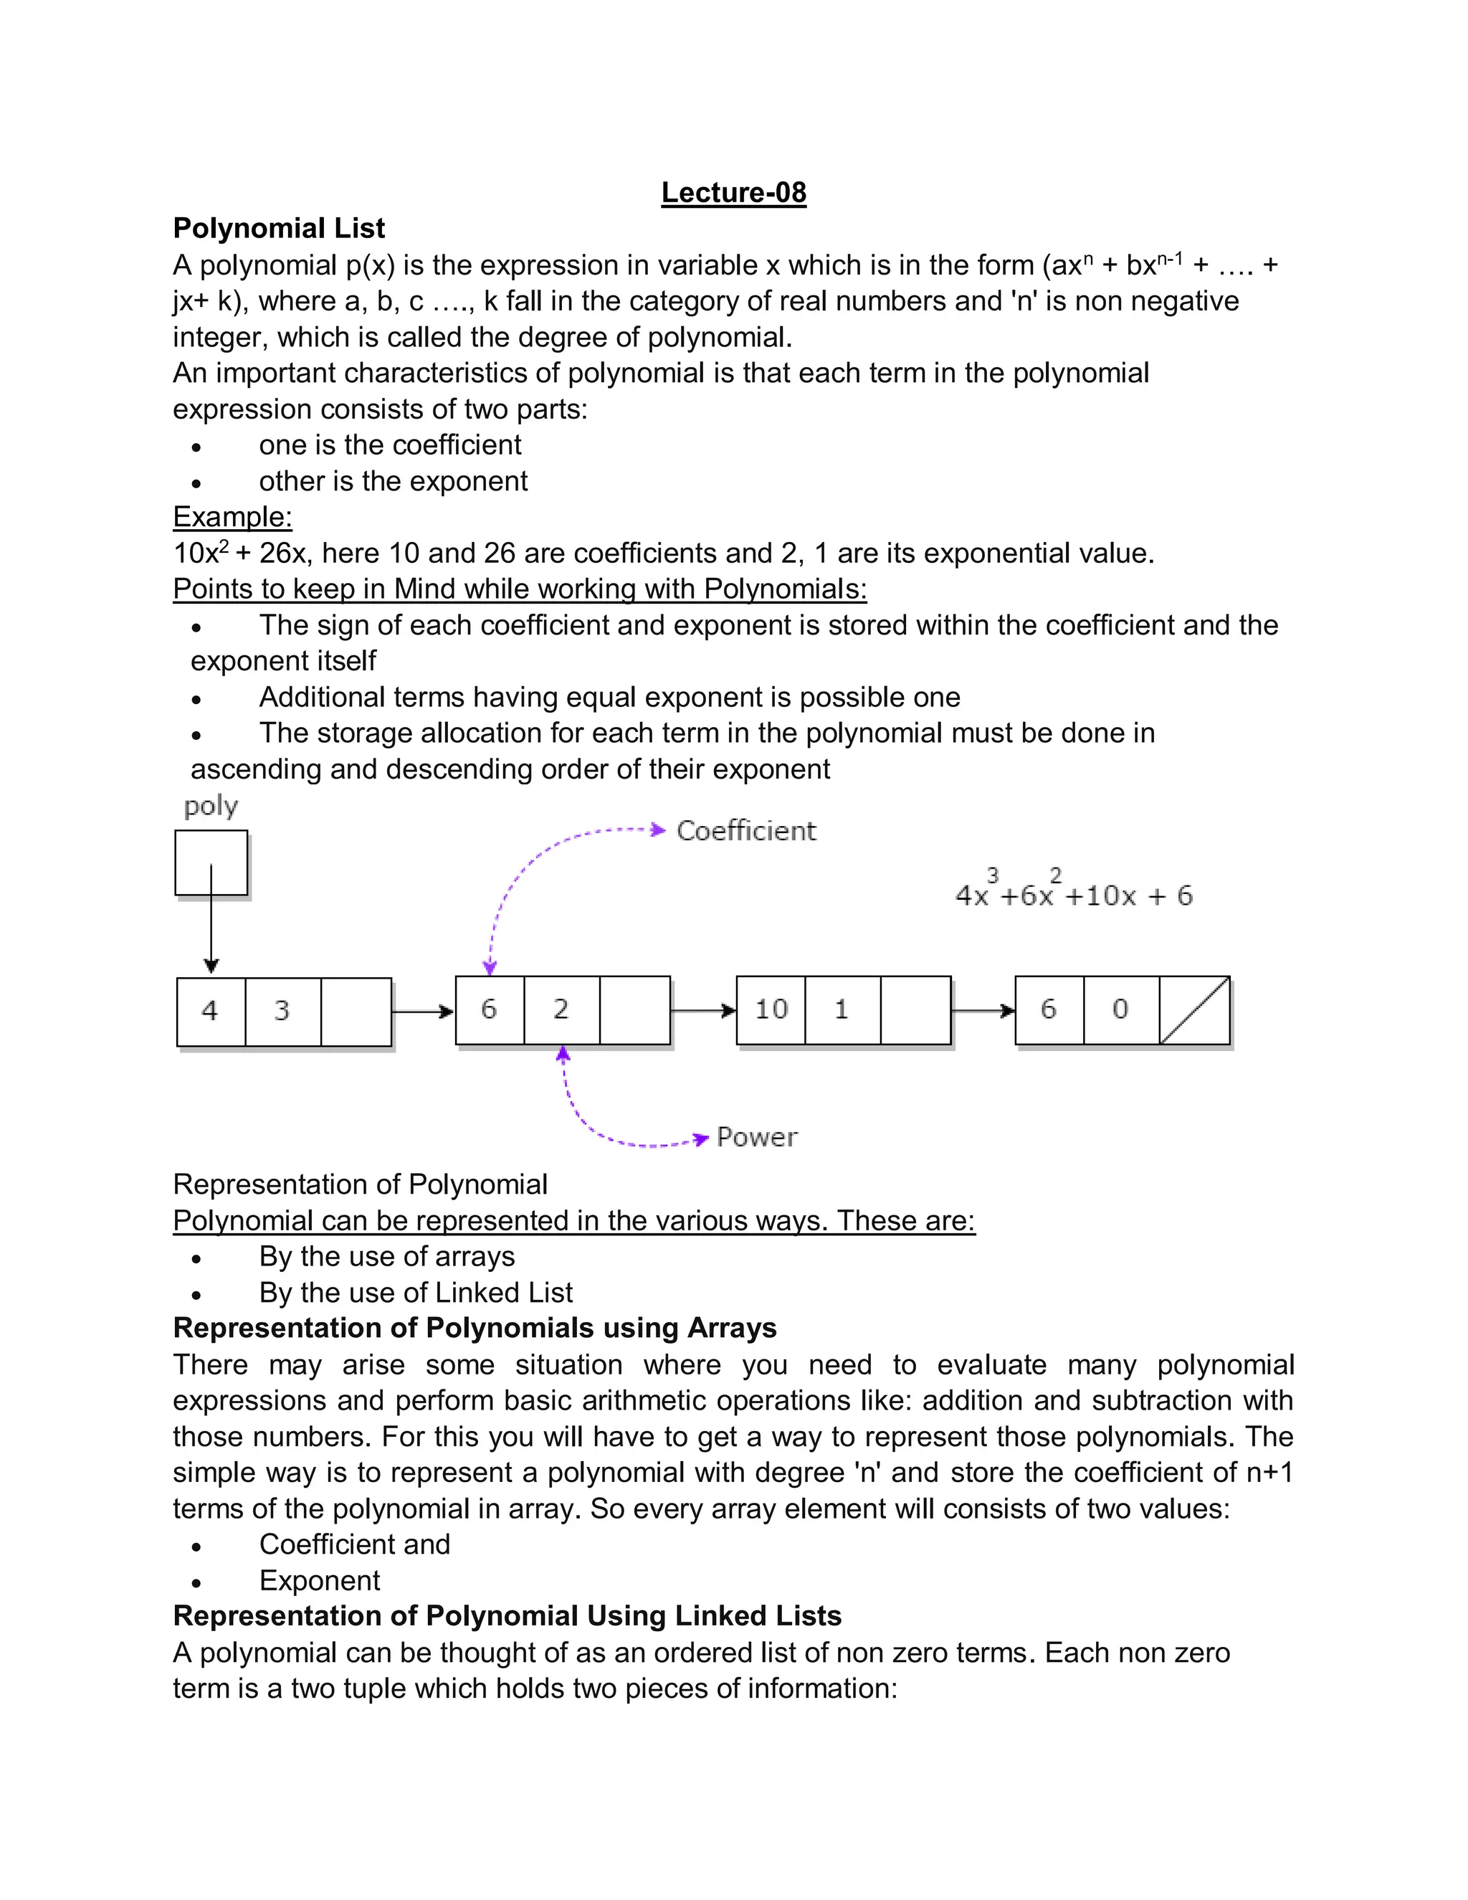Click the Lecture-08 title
[733, 192]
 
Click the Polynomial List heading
[278, 228]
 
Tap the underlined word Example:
[232, 517]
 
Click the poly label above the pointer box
[211, 807]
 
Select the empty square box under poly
[211, 862]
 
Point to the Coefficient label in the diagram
[746, 831]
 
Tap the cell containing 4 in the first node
[211, 1011]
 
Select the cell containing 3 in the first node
[282, 1011]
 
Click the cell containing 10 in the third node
[771, 1010]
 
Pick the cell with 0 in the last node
[1121, 1010]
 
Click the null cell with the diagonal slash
[1194, 1010]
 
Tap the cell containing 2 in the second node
[561, 1010]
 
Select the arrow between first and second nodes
[423, 1011]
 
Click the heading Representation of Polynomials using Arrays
[474, 1329]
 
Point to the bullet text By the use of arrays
[386, 1256]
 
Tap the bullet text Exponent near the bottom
[319, 1580]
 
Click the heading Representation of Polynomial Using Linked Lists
[507, 1615]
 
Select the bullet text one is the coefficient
[390, 445]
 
